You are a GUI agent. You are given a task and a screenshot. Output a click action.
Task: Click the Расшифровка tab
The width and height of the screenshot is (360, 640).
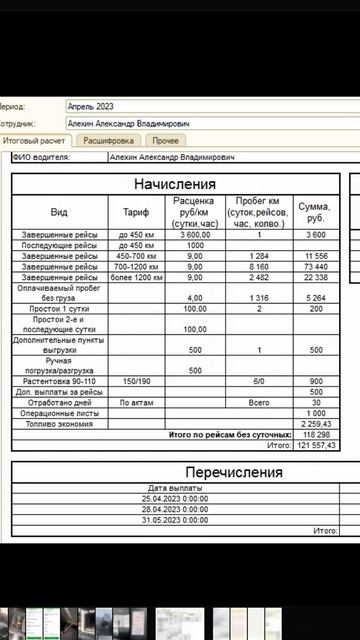tap(109, 141)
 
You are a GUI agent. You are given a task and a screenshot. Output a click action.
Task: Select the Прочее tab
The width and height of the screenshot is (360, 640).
tap(166, 141)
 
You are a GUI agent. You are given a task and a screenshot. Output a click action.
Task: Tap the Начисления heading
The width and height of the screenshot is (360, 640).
tap(175, 184)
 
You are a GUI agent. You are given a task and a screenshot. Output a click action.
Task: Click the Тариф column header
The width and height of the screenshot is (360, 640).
tap(136, 212)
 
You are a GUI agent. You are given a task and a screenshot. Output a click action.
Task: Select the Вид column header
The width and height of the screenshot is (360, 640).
tap(59, 212)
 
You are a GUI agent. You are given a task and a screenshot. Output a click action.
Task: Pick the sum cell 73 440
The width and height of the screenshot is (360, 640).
tap(316, 267)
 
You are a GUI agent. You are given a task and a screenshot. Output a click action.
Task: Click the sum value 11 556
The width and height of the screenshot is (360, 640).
tap(316, 256)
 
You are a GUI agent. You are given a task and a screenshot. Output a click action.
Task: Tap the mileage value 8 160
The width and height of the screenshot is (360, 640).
tap(258, 267)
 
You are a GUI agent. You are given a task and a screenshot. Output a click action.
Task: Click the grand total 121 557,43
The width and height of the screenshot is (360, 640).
tap(315, 444)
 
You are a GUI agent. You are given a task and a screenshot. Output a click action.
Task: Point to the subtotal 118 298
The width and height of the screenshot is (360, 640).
tap(316, 434)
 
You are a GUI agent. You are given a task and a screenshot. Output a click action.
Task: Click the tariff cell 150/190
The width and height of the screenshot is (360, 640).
tap(136, 381)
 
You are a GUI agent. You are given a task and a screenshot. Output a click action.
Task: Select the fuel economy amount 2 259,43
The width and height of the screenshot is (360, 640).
tap(316, 423)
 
